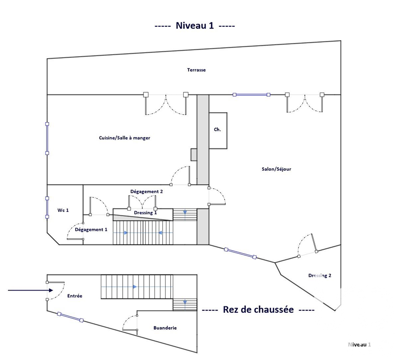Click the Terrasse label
click(x=196, y=70)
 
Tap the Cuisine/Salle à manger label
click(x=125, y=138)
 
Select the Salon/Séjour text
click(x=276, y=169)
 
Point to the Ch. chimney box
click(x=218, y=131)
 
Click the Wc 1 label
click(x=63, y=210)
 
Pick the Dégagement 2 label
click(x=146, y=192)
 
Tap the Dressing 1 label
click(x=145, y=213)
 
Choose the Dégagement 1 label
click(x=91, y=230)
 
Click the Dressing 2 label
click(x=320, y=276)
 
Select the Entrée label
click(x=74, y=296)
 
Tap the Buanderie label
click(x=165, y=328)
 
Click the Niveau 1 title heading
click(x=195, y=26)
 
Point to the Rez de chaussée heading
click(x=258, y=309)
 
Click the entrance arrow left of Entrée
click(x=30, y=290)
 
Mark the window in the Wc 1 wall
click(x=47, y=208)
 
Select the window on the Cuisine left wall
click(x=47, y=139)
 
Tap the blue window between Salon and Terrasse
click(x=252, y=95)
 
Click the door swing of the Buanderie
click(x=130, y=323)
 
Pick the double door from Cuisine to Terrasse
click(x=166, y=103)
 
